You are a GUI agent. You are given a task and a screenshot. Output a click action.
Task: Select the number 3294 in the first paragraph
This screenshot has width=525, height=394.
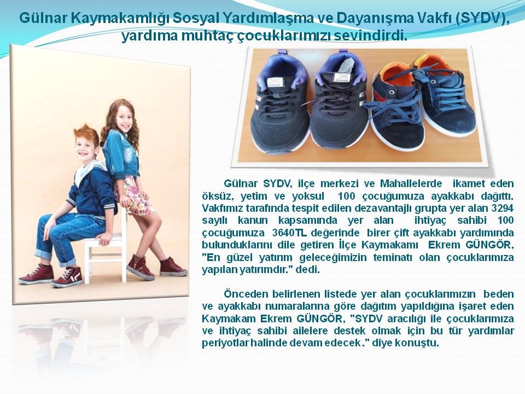pos(502,208)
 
